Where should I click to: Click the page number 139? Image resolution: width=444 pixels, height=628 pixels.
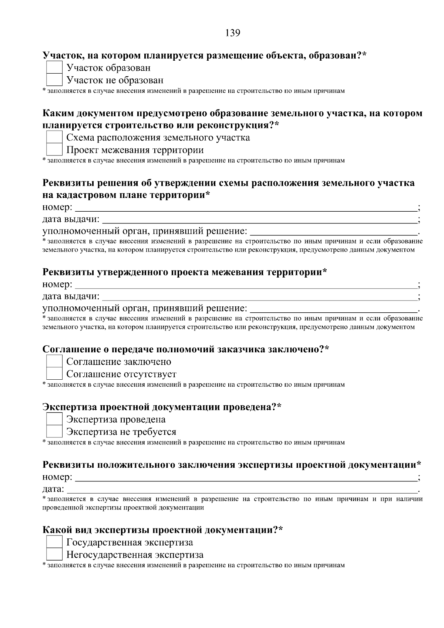pyautogui.click(x=233, y=33)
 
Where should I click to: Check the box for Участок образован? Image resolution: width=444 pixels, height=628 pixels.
pyautogui.click(x=54, y=68)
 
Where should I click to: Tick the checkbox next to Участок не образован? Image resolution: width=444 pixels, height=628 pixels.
pyautogui.click(x=54, y=80)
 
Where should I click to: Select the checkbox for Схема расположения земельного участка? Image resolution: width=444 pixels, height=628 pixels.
pyautogui.click(x=54, y=138)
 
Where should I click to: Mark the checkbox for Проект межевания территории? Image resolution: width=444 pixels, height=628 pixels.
pyautogui.click(x=54, y=150)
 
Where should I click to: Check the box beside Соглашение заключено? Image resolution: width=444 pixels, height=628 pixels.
pyautogui.click(x=54, y=362)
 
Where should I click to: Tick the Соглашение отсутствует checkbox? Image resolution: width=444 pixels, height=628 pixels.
pyautogui.click(x=54, y=374)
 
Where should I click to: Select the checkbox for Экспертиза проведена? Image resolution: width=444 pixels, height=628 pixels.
pyautogui.click(x=54, y=419)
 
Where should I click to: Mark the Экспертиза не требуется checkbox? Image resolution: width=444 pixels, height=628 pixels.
pyautogui.click(x=54, y=431)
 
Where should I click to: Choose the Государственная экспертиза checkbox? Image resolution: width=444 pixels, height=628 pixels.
pyautogui.click(x=54, y=543)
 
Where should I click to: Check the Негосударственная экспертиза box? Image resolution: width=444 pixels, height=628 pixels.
pyautogui.click(x=54, y=555)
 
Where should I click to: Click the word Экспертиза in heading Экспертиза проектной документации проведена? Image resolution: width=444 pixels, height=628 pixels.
pyautogui.click(x=70, y=407)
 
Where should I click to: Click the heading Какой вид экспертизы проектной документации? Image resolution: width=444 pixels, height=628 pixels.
pyautogui.click(x=162, y=530)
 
